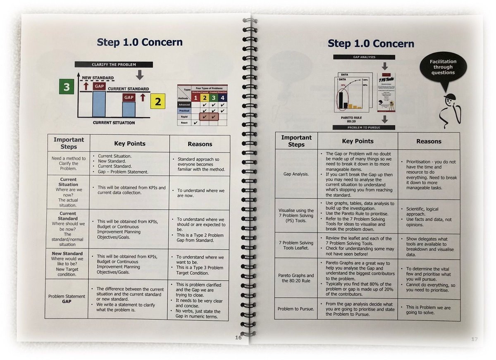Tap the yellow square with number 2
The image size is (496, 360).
pyautogui.click(x=157, y=100)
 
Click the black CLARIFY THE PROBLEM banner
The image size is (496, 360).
pyautogui.click(x=114, y=64)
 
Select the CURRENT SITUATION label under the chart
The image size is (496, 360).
pyautogui.click(x=114, y=123)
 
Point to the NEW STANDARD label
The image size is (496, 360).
pyautogui.click(x=98, y=78)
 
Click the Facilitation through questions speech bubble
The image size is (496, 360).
pyautogui.click(x=443, y=67)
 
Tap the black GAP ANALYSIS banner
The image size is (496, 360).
pyautogui.click(x=364, y=57)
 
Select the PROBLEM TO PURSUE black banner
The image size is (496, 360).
pyautogui.click(x=364, y=127)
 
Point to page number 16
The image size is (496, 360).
pyautogui.click(x=238, y=337)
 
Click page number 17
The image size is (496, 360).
pyautogui.click(x=474, y=339)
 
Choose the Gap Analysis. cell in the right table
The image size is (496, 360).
pyautogui.click(x=296, y=174)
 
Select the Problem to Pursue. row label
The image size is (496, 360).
pyautogui.click(x=296, y=309)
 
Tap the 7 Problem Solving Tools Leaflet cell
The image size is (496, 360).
pyautogui.click(x=296, y=246)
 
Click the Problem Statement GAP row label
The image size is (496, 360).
pyautogui.click(x=67, y=299)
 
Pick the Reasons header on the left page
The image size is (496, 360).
pyautogui.click(x=200, y=144)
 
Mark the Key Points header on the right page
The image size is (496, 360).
pyautogui.click(x=358, y=141)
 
